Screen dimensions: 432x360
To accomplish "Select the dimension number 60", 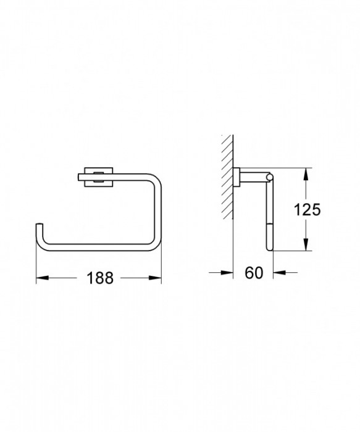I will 253,272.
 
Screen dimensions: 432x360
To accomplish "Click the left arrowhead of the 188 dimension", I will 40,278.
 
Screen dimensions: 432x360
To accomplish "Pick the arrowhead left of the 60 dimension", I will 228,272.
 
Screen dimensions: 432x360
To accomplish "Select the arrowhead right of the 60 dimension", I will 276,272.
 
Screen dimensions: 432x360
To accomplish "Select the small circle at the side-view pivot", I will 267,179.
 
